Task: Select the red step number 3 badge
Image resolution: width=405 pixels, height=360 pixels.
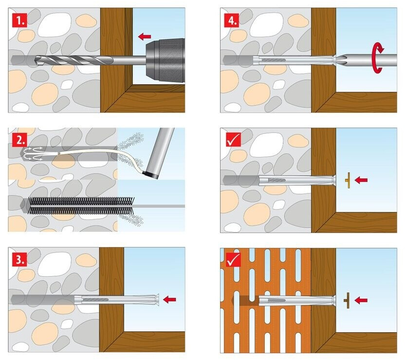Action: [x=19, y=259]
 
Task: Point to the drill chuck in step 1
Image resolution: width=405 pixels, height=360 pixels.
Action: [x=165, y=60]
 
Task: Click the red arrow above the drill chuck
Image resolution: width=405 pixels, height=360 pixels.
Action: [x=145, y=36]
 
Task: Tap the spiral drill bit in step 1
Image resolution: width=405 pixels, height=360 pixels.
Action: [x=74, y=60]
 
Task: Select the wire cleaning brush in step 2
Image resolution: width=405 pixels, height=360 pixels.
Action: [x=81, y=206]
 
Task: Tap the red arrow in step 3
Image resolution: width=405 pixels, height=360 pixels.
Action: [x=169, y=299]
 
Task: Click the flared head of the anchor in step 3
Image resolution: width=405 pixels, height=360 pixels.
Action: [x=157, y=300]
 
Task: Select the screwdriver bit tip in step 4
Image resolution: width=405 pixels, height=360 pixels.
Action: [x=339, y=60]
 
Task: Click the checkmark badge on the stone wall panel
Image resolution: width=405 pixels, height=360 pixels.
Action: [x=233, y=140]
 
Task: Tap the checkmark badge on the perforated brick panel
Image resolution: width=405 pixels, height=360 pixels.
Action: [x=233, y=259]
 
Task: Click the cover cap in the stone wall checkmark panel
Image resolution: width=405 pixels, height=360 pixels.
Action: [x=348, y=180]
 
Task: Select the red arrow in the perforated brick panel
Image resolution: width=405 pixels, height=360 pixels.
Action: [x=361, y=300]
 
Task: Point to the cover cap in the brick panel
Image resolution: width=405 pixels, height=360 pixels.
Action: [x=348, y=300]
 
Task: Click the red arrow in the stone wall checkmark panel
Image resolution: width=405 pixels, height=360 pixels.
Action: [x=361, y=180]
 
